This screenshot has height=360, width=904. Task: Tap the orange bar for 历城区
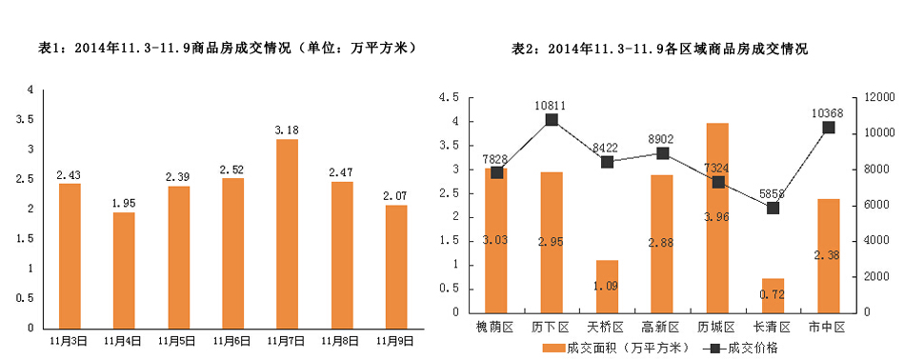(716, 217)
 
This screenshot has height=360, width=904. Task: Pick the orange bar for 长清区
(773, 295)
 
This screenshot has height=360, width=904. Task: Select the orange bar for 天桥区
(607, 286)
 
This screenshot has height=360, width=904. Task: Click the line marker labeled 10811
(551, 120)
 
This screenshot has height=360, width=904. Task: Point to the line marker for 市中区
(828, 128)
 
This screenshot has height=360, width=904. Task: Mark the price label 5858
(773, 193)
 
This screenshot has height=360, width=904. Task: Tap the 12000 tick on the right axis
(880, 97)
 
